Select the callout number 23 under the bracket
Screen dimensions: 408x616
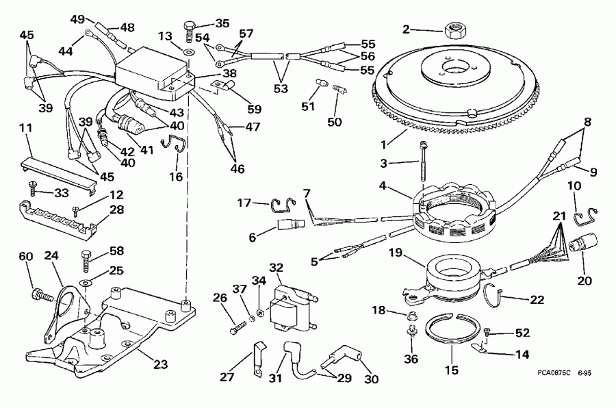[159, 365]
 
